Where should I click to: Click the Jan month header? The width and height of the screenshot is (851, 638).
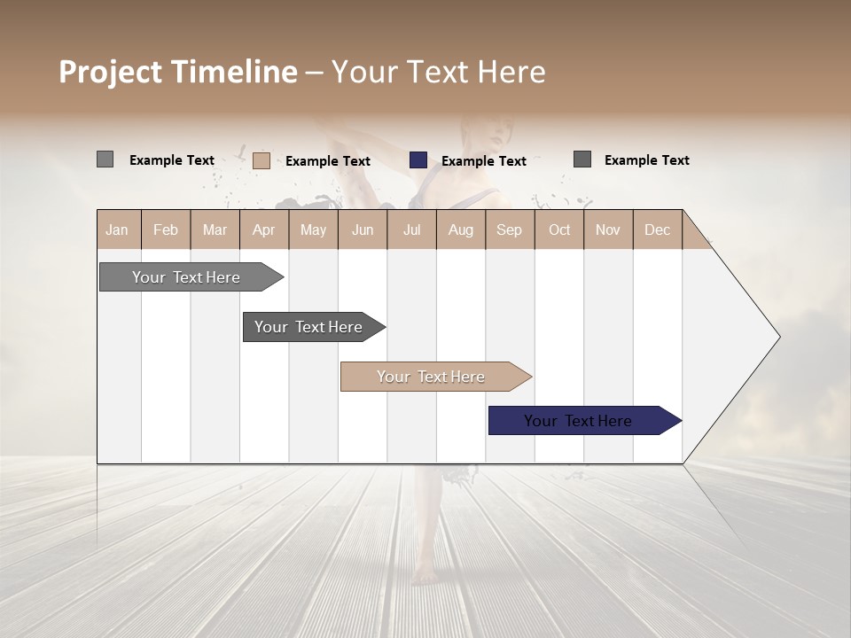click(117, 230)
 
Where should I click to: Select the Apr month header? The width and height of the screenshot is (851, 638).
click(264, 230)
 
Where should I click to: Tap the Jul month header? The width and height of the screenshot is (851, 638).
click(412, 230)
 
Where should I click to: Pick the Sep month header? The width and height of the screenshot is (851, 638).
click(509, 230)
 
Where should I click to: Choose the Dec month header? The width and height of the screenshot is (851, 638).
click(657, 230)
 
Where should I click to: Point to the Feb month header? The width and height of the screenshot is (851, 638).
click(166, 230)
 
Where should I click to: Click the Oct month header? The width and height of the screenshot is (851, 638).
click(559, 230)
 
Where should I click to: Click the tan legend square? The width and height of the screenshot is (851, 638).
click(262, 160)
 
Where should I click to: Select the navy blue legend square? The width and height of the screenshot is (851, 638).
click(418, 160)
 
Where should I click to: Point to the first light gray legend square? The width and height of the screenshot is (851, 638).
click(105, 159)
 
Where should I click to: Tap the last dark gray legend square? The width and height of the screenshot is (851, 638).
click(582, 159)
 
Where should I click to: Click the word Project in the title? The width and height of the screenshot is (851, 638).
click(111, 72)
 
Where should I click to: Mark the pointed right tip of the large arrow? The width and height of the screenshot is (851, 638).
click(778, 337)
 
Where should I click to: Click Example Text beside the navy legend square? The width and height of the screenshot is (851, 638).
click(484, 161)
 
